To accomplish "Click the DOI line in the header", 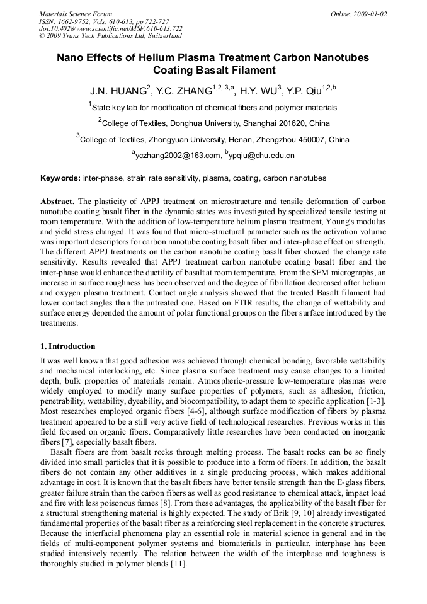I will coord(111,28).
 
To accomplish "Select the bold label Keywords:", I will coord(60,178).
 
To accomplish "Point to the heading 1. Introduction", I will coord(68,346).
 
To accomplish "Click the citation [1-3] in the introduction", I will coord(375,401).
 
